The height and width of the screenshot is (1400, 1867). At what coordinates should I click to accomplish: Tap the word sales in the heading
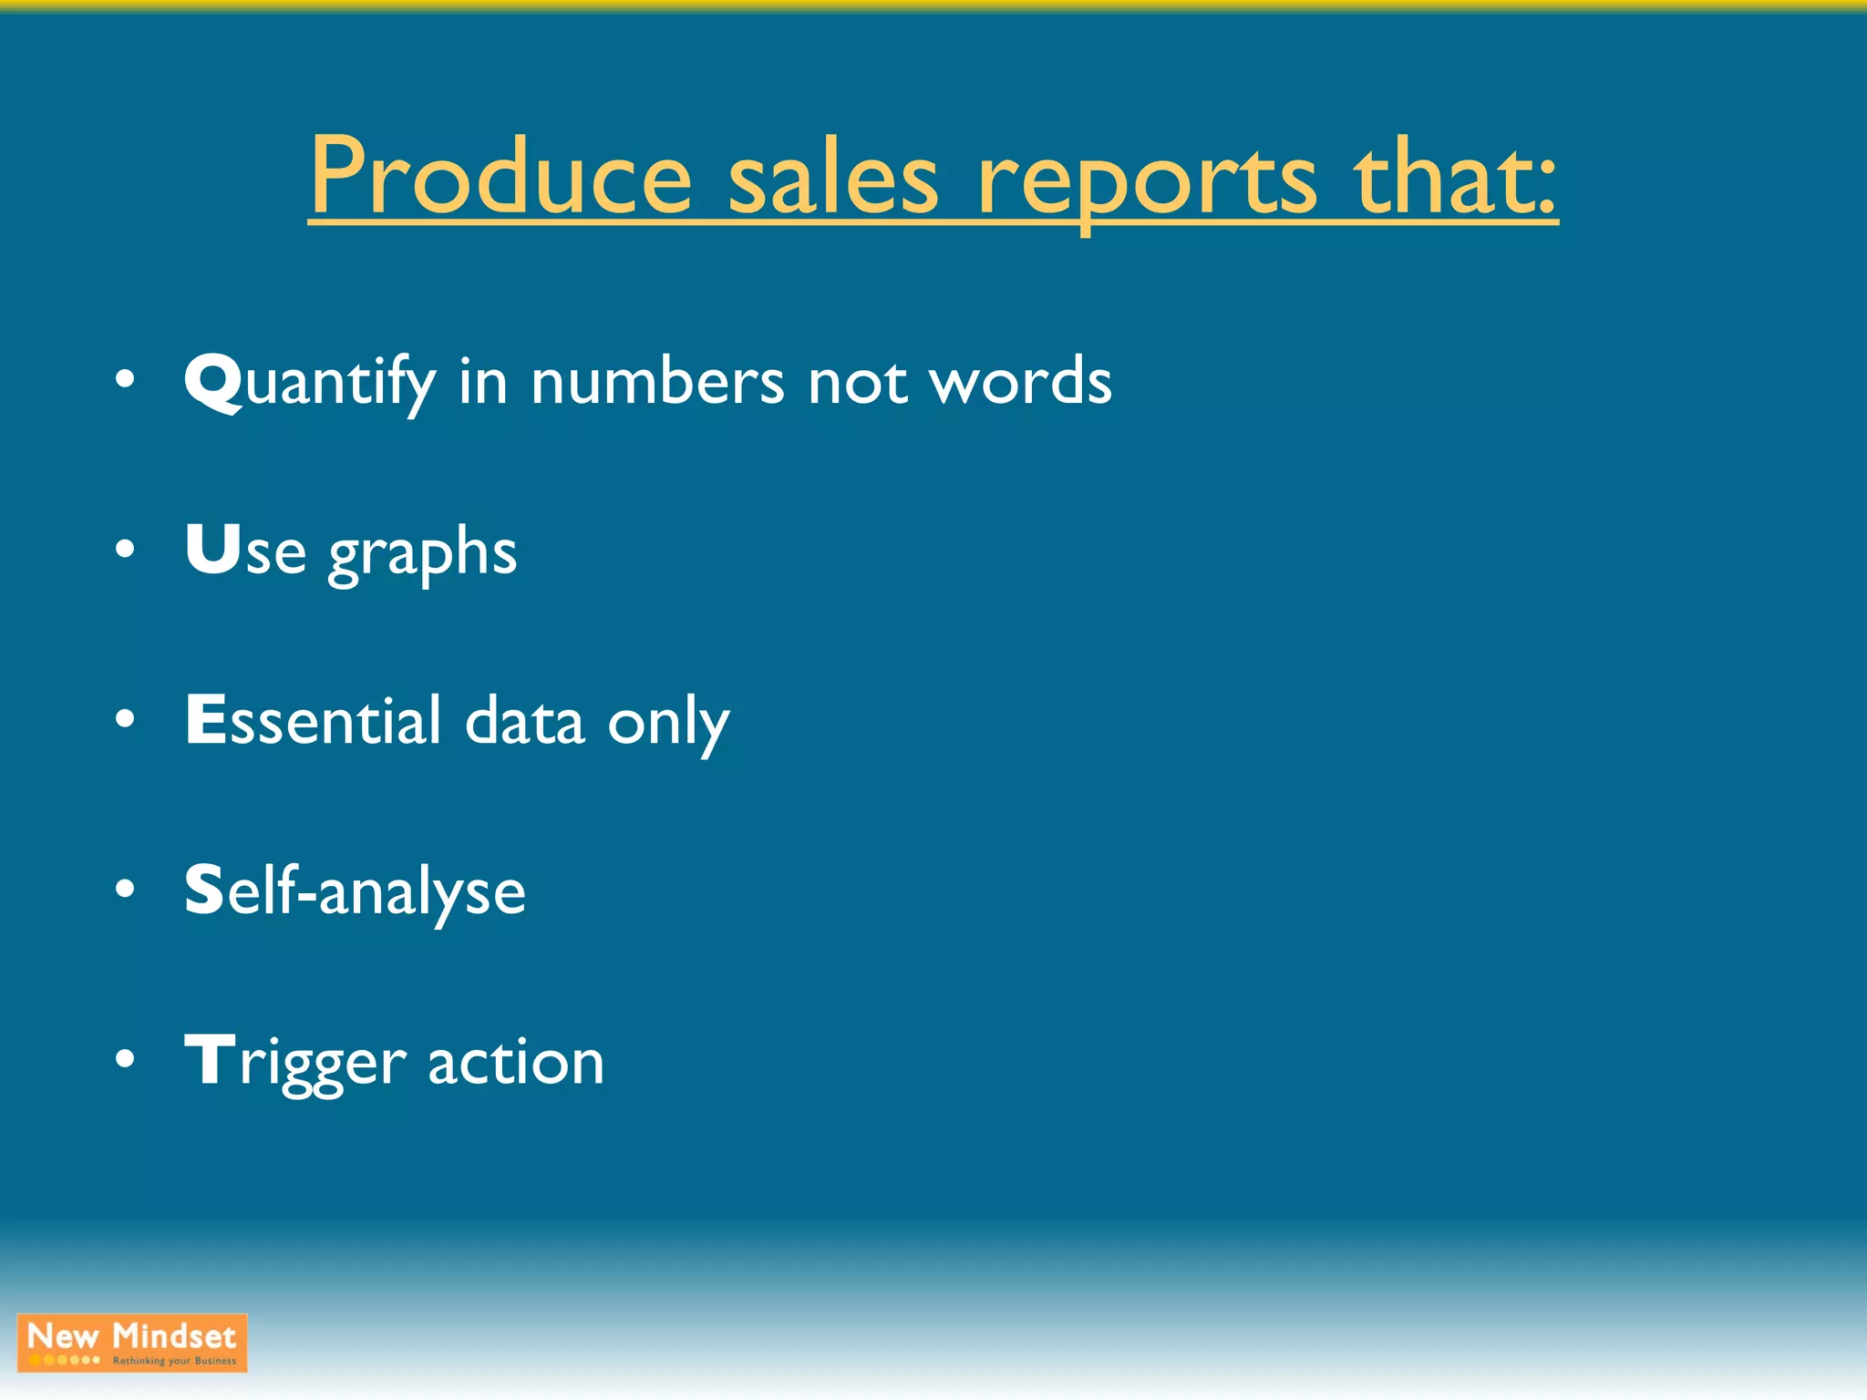click(832, 178)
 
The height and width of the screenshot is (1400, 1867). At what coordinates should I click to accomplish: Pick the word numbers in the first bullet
click(657, 381)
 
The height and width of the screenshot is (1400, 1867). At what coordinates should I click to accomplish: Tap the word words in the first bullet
click(1020, 381)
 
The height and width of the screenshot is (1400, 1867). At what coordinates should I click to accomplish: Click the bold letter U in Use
click(213, 549)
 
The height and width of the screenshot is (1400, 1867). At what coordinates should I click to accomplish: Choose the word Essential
click(314, 720)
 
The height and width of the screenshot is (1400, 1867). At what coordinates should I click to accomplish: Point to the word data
click(524, 721)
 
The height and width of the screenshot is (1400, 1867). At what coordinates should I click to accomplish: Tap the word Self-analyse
click(355, 890)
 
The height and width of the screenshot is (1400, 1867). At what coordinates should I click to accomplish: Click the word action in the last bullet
click(516, 1062)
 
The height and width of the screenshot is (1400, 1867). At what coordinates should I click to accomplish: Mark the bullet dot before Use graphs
click(126, 550)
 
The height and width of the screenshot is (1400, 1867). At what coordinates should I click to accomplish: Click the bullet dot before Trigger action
click(126, 1059)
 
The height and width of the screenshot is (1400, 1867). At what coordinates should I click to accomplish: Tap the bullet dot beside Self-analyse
click(126, 890)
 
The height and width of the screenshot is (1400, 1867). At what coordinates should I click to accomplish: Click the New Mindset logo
click(132, 1343)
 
